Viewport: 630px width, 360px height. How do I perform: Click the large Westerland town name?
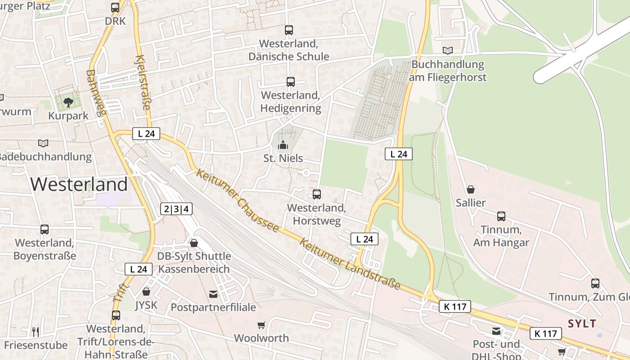pos(79,184)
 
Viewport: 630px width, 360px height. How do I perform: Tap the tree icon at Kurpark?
pos(68,103)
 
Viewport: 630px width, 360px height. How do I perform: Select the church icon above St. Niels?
pos(283,145)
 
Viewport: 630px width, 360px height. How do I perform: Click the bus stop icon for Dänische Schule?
pos(288,30)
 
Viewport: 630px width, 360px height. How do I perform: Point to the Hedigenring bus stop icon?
pos(290,82)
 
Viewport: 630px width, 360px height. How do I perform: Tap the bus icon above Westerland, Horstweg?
pos(316,194)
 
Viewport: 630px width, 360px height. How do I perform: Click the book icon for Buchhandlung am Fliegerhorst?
pos(447,50)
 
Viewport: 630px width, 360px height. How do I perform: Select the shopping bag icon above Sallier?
pos(471,189)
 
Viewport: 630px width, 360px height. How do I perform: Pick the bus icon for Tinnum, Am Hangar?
pos(501,216)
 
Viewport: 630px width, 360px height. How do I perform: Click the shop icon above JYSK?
pos(146,292)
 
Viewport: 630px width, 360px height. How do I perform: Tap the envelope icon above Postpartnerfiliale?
pos(213,294)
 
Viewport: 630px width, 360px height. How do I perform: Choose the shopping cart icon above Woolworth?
pos(261,325)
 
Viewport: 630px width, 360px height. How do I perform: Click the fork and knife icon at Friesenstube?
pos(36,332)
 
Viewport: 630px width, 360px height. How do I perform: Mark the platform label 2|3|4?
pos(176,209)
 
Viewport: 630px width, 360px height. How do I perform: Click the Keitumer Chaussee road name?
pos(238,201)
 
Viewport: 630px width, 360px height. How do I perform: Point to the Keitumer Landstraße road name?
pos(350,264)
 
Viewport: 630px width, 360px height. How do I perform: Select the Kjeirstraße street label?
pos(143,83)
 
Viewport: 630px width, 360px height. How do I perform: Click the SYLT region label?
pos(582,324)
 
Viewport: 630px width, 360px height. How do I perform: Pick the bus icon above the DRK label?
pos(115,8)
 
